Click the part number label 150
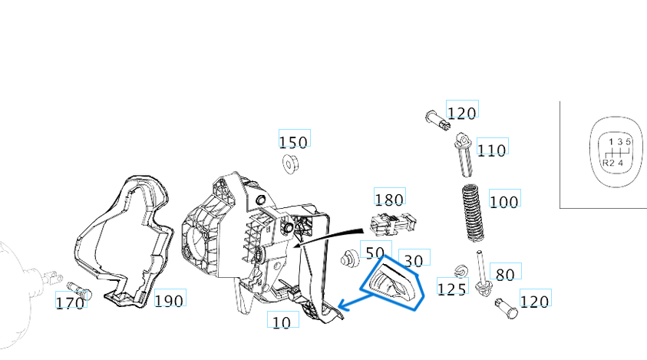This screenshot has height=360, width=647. (293, 141)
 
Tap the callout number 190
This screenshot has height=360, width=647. (169, 300)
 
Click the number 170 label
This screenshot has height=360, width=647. (70, 303)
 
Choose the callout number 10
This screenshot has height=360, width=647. (282, 322)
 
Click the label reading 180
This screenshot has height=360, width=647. (389, 200)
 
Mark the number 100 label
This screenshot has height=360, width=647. (503, 201)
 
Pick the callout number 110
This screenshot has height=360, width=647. (491, 149)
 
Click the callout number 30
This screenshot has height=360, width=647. (414, 261)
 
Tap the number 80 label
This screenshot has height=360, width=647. (505, 274)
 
